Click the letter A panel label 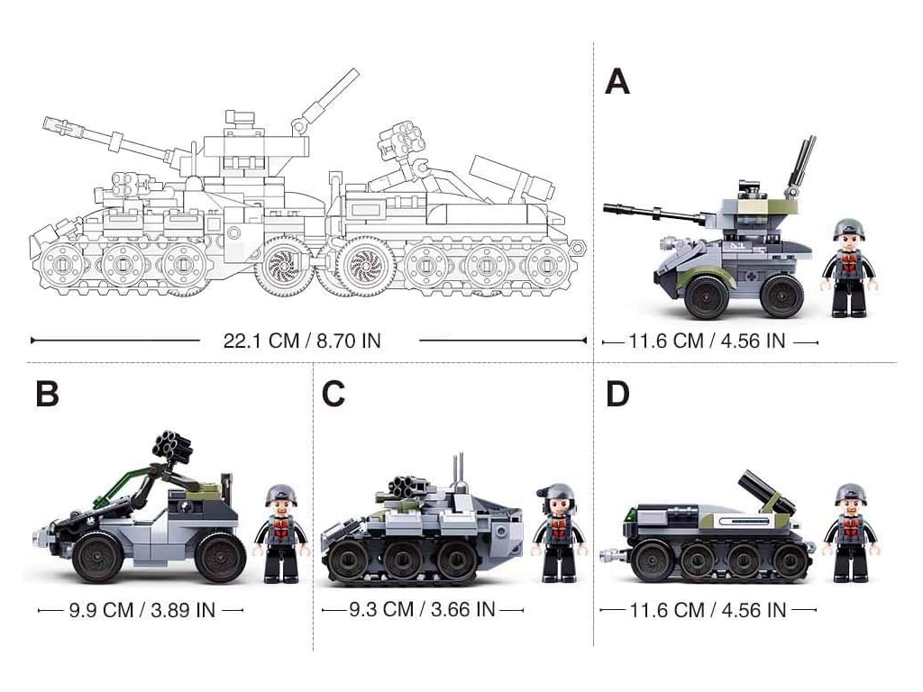[617, 82]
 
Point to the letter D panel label [617, 394]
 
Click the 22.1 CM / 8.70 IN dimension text [302, 341]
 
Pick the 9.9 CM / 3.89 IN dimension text [142, 610]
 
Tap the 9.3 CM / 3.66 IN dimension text [422, 609]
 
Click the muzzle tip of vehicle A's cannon [606, 207]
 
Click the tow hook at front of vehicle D [613, 554]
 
